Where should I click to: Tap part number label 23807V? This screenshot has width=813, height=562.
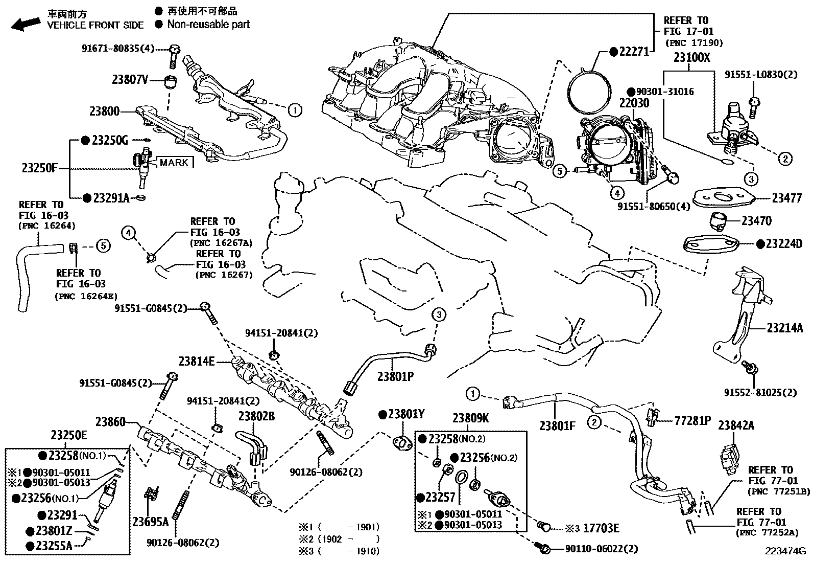[130, 80]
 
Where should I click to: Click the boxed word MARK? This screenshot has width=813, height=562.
[174, 163]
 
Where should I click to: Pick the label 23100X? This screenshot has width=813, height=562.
[691, 57]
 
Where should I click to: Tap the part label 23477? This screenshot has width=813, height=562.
[786, 198]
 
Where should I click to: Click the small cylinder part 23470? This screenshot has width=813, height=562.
[718, 221]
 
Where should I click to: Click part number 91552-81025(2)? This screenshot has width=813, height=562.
[767, 393]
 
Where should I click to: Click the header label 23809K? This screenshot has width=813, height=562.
[471, 418]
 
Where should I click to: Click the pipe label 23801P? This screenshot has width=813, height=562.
[395, 377]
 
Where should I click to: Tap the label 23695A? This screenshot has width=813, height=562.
[150, 522]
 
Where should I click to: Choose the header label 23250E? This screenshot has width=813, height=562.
[69, 435]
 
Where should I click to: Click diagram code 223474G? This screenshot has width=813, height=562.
[784, 551]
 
